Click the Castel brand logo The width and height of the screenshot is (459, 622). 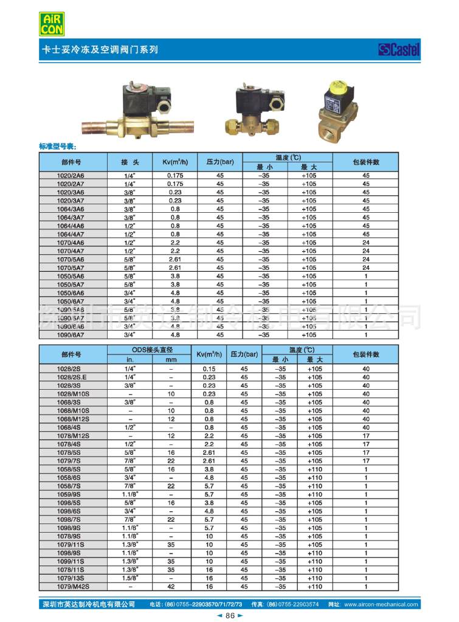click(399, 50)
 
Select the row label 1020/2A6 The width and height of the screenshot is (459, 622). click(71, 175)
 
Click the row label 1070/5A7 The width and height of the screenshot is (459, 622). click(71, 268)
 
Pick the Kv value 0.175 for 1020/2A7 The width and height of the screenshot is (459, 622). click(175, 184)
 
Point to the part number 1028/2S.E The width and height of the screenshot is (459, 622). click(72, 377)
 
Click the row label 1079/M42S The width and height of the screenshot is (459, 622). click(72, 587)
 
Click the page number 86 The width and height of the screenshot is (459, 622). click(230, 615)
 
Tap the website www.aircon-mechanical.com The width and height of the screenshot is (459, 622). click(381, 604)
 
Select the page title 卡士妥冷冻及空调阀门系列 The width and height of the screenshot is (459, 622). click(98, 50)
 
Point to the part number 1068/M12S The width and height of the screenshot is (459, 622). click(72, 419)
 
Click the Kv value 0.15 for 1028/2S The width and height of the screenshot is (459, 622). click(210, 368)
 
